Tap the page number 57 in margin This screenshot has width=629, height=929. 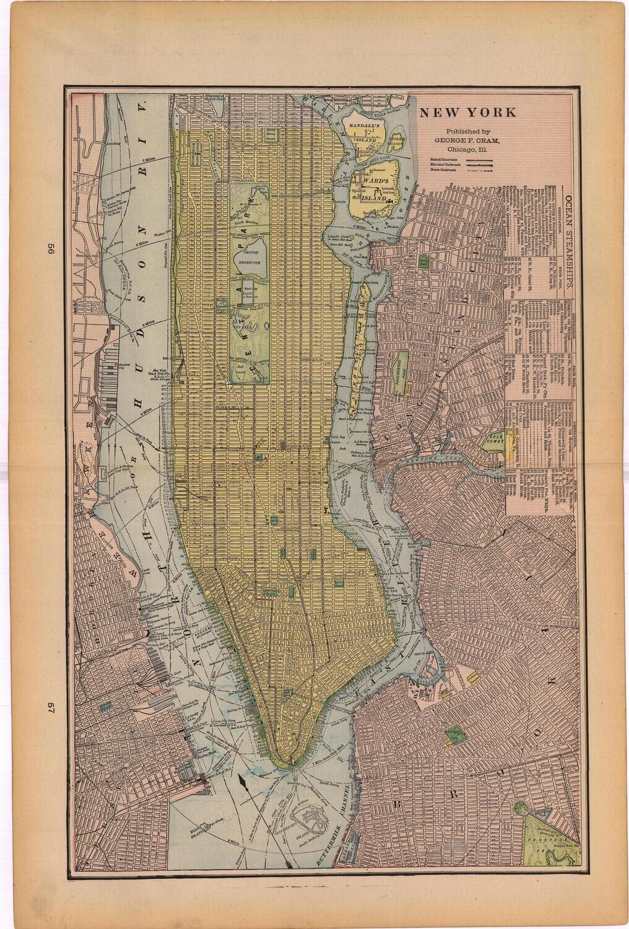pos(45,708)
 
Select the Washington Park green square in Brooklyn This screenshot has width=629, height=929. pos(455,735)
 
